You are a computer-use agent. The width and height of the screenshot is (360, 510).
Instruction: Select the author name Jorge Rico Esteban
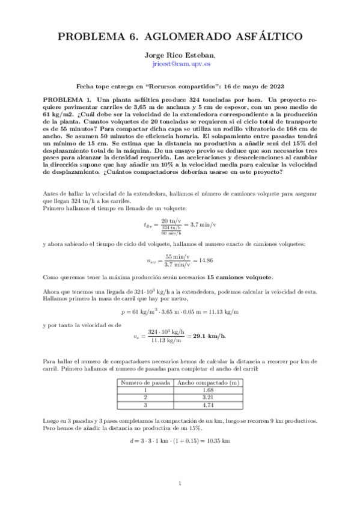pyautogui.click(x=180, y=55)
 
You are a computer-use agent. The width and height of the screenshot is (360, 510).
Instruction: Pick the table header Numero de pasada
pyautogui.click(x=144, y=382)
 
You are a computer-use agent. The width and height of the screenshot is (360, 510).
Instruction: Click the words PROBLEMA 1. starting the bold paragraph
pyautogui.click(x=67, y=98)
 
